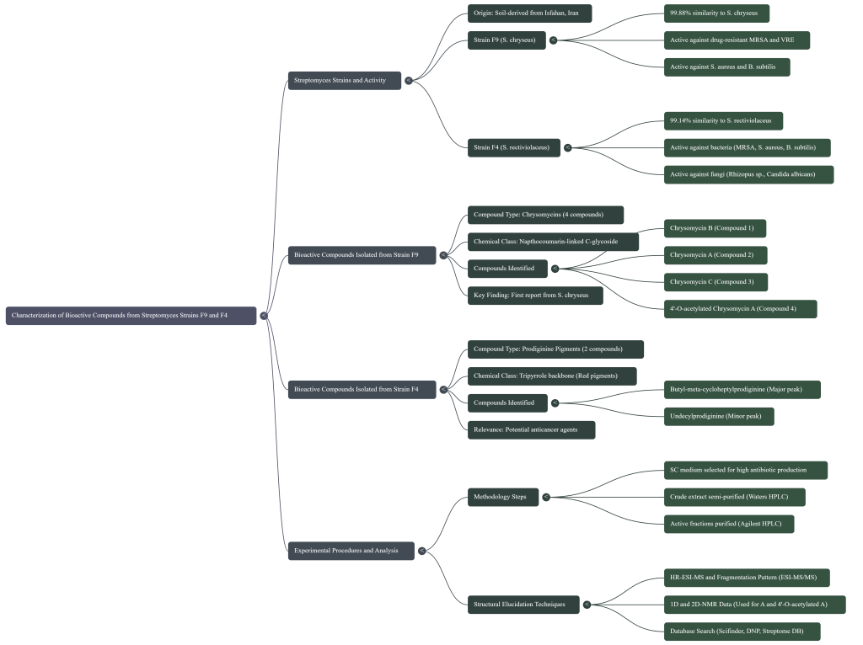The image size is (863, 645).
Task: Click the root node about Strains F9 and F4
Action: coord(131,316)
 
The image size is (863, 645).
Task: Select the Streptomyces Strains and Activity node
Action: coord(344,81)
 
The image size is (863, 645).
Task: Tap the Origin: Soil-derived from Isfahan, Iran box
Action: coord(529,13)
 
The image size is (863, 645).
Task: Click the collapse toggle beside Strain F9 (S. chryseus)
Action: coord(553,40)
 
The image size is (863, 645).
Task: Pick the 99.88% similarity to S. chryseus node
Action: coord(716,13)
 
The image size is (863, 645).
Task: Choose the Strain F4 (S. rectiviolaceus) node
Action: coord(514,147)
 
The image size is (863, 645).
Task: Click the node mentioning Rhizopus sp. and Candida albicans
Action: coord(748,174)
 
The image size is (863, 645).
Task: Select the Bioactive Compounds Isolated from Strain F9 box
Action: coord(362,254)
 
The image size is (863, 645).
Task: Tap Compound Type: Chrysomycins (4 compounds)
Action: coord(545,215)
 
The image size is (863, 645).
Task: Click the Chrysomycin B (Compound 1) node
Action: coord(715,228)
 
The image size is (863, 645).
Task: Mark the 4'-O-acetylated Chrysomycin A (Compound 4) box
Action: coord(740,309)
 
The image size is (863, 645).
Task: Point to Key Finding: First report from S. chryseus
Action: coord(535,296)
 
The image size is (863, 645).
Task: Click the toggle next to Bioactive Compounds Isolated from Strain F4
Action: coord(443,389)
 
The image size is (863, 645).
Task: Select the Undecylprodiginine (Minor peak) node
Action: coord(718,416)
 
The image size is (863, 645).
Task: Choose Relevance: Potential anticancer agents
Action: coord(531,429)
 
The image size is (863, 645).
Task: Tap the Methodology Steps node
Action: coord(503,497)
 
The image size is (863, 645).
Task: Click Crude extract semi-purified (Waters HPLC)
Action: coord(734,497)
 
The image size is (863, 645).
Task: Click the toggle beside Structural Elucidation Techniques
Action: coord(587,604)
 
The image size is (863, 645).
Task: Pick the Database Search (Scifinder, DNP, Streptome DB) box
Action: coord(742,631)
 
